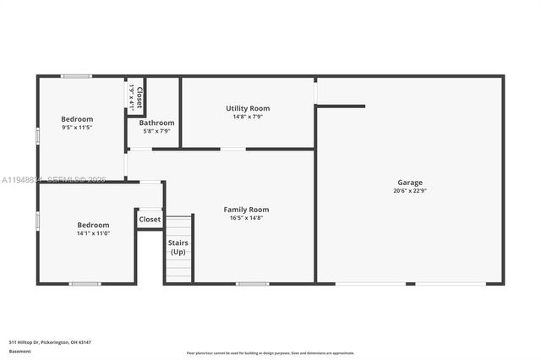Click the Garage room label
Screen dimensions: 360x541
(x=410, y=183)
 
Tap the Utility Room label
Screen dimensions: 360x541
(x=248, y=108)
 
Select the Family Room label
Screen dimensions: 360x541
(x=246, y=210)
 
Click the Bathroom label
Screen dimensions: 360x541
(x=156, y=123)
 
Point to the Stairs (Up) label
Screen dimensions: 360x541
(x=178, y=248)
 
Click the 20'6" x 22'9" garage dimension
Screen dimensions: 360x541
(x=410, y=191)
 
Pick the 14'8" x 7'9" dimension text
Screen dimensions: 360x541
(x=248, y=117)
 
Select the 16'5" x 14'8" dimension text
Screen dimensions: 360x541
(x=246, y=218)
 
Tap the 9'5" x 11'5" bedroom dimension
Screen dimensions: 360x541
(x=77, y=128)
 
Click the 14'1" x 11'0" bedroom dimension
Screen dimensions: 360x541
(x=93, y=233)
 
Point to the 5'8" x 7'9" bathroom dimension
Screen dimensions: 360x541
(x=156, y=131)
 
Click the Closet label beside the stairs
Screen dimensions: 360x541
(x=150, y=219)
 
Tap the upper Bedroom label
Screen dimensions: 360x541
(x=77, y=119)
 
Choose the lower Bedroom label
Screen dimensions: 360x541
(x=93, y=225)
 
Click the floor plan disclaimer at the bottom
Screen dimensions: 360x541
(x=270, y=353)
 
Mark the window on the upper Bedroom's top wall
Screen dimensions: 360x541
(x=76, y=76)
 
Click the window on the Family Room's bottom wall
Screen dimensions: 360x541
(x=252, y=284)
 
